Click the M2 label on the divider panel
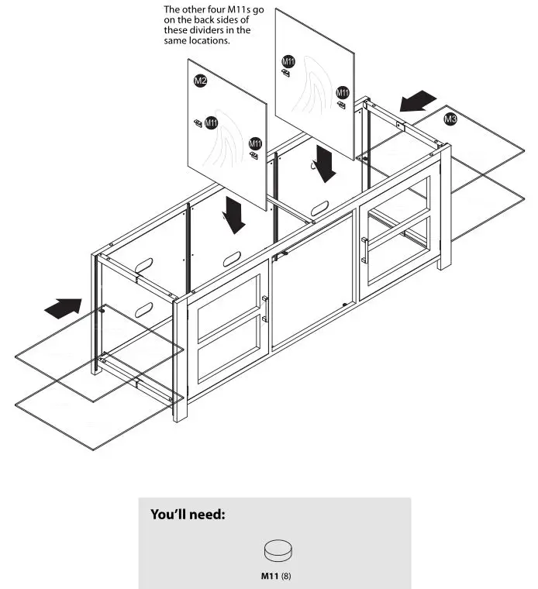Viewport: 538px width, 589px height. click(200, 81)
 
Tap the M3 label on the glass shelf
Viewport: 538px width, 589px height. click(450, 119)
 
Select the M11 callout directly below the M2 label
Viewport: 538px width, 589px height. click(211, 123)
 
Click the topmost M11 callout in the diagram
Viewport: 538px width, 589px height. click(288, 61)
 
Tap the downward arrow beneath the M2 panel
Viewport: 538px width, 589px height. click(233, 215)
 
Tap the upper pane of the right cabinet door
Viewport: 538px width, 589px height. click(397, 202)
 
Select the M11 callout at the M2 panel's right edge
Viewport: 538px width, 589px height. click(254, 144)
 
